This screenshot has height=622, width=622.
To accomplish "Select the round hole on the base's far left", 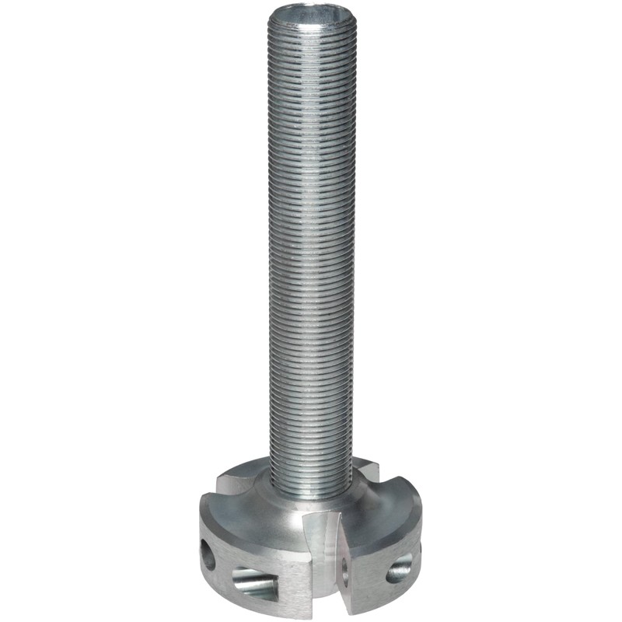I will [x=208, y=553].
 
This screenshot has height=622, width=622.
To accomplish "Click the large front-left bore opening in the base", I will [x=253, y=578].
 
